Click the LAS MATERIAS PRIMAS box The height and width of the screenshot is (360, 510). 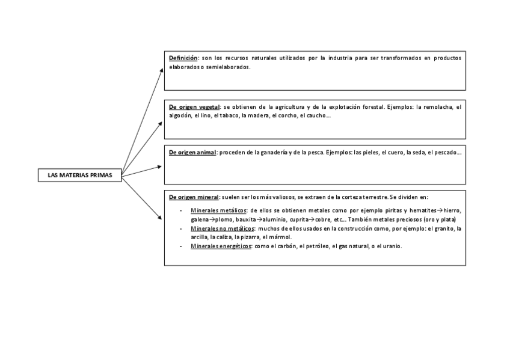(x=80, y=175)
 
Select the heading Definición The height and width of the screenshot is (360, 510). (x=183, y=58)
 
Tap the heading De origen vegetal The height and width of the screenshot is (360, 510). (x=194, y=107)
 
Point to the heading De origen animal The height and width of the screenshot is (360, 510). (x=192, y=153)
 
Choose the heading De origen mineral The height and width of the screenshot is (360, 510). (x=194, y=197)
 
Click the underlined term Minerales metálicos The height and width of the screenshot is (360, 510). (x=218, y=211)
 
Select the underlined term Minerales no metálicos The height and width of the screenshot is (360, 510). (x=223, y=229)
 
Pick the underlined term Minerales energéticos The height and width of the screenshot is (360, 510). (x=221, y=246)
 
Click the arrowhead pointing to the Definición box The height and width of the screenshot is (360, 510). (x=161, y=70)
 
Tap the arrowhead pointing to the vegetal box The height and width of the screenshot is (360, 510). (x=161, y=122)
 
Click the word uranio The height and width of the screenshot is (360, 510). (x=390, y=246)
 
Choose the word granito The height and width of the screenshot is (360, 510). (x=443, y=229)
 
